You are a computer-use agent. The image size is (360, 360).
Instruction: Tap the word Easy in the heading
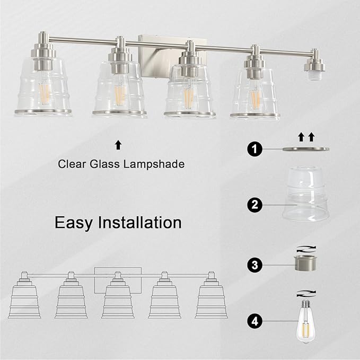(75, 222)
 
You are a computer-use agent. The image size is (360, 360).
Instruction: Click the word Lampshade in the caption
(155, 164)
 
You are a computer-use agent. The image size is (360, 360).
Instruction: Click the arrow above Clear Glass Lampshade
(118, 144)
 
